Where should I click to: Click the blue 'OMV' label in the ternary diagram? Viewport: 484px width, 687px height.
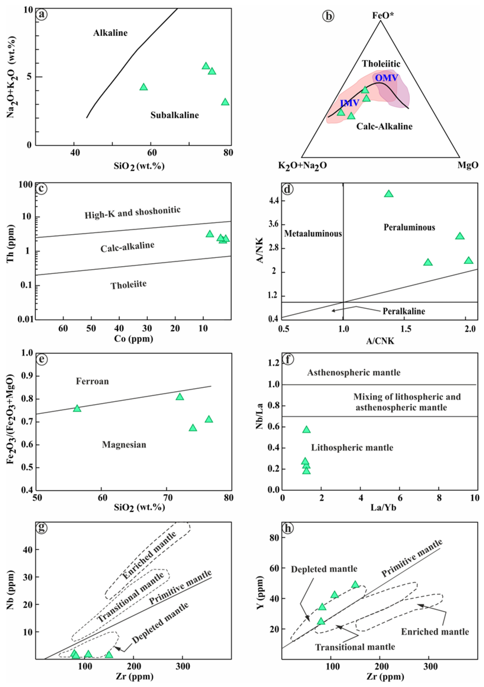[x=387, y=78]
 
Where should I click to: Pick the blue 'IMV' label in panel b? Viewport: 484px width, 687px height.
[x=349, y=103]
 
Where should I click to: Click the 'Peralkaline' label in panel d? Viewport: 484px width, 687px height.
[x=404, y=311]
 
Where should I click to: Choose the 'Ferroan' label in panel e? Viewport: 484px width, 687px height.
[x=92, y=381]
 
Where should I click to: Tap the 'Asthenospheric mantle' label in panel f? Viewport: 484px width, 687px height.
[x=354, y=373]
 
